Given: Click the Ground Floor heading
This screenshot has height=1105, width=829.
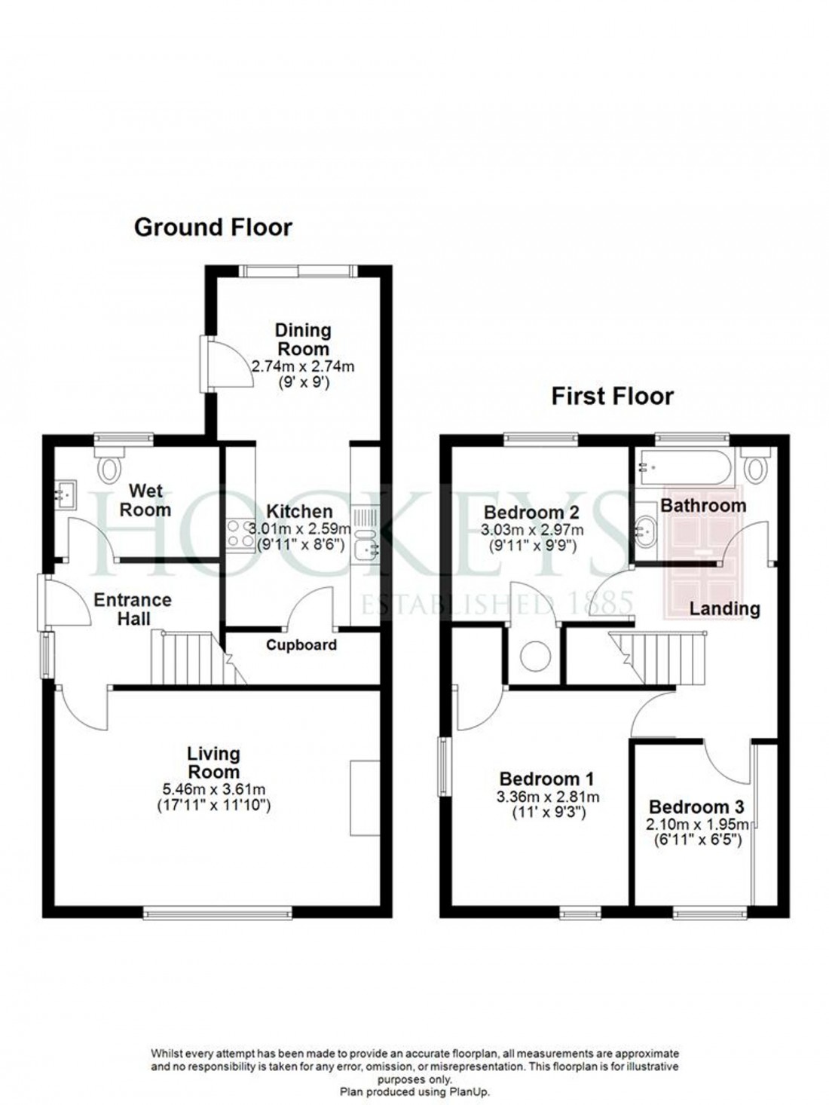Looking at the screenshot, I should (213, 227).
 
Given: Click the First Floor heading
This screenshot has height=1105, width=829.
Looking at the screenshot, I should (612, 396).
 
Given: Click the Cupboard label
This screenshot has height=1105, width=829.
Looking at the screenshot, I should (301, 645).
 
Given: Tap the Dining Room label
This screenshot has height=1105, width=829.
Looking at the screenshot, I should (302, 339).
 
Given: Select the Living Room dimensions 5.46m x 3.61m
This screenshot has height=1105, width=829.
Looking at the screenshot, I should (214, 790).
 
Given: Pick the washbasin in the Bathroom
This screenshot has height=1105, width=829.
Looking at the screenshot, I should (646, 531).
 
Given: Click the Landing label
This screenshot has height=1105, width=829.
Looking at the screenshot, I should (724, 608).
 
